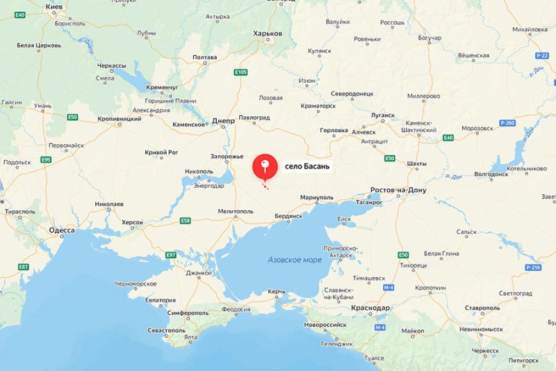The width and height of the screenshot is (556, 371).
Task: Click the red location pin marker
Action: point(264,166)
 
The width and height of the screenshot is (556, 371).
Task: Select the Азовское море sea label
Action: point(295,260)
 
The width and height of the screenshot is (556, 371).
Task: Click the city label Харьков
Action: point(268,33)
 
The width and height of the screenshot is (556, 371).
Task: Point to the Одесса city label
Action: point(62,229)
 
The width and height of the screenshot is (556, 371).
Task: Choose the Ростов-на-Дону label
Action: point(399,190)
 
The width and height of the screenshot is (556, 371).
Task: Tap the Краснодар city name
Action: point(370,307)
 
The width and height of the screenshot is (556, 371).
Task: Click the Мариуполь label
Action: point(317,198)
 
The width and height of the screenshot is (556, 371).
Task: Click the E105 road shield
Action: point(241,72)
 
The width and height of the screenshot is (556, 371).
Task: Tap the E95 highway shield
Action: point(46,159)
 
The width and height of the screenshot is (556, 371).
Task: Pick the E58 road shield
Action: point(186,221)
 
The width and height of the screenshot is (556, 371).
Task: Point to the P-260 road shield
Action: point(508,123)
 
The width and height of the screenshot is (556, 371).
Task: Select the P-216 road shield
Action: point(533,267)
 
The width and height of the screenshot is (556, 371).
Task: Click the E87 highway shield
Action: point(24,267)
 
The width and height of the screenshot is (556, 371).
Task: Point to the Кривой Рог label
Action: point(161,152)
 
